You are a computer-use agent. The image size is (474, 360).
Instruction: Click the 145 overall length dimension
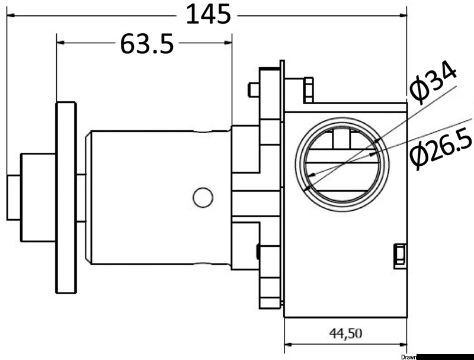tap(207, 14)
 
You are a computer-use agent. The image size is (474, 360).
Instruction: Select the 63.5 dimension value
tap(147, 43)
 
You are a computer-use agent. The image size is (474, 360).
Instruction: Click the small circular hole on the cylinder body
tap(203, 197)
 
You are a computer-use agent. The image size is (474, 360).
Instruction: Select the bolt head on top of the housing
tap(309, 89)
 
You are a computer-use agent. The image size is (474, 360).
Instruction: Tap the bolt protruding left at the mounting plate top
tap(253, 89)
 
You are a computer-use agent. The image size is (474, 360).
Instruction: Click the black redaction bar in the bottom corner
tap(446, 356)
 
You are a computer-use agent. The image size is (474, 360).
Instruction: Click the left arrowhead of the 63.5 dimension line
tap(61, 43)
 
